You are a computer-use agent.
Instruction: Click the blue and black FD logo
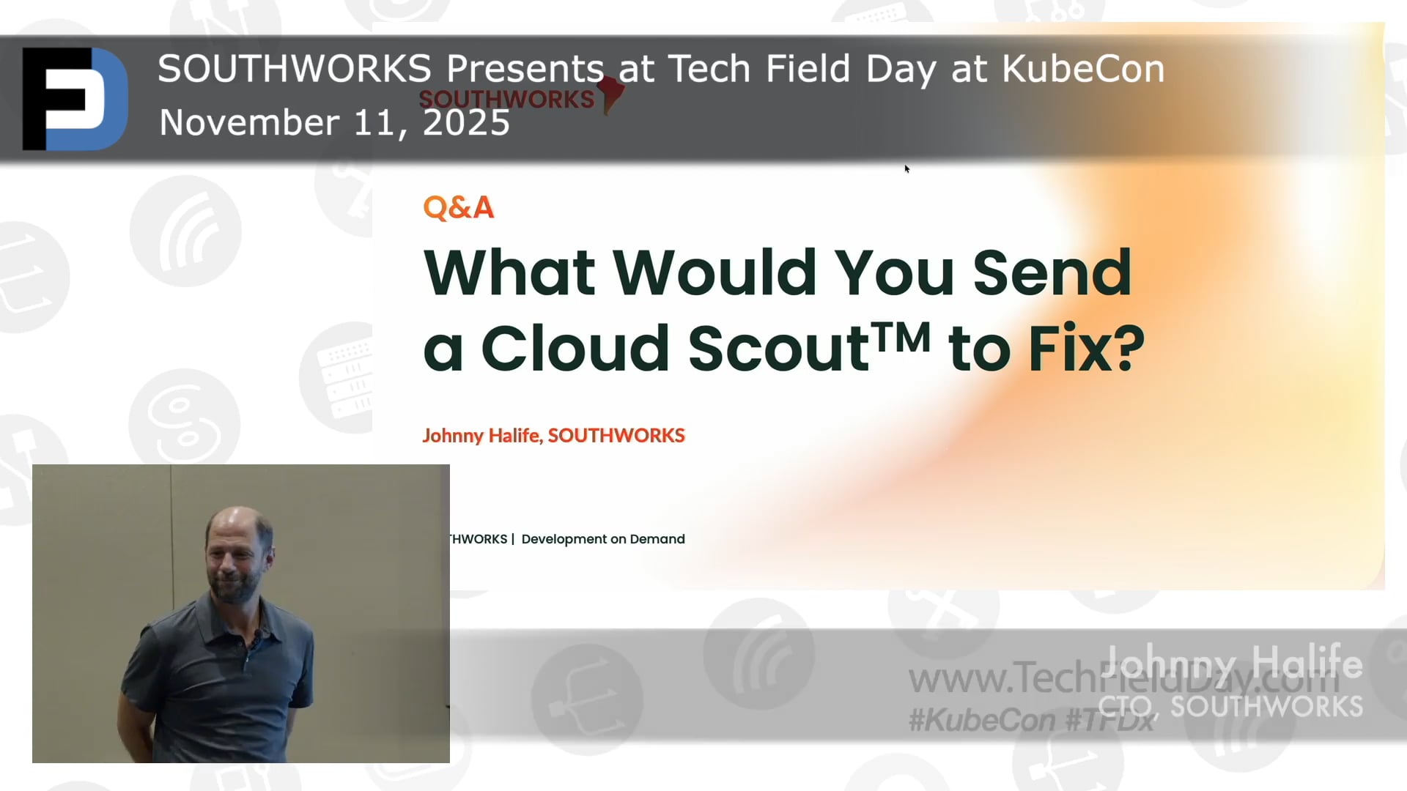[x=75, y=98]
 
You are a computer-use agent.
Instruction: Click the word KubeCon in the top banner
[x=1083, y=70]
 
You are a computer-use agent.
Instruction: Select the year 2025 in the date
[x=466, y=123]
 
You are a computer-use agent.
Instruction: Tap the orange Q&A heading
[x=459, y=208]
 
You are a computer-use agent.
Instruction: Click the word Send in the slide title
[x=1052, y=272]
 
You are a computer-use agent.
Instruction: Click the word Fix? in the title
[x=1086, y=348]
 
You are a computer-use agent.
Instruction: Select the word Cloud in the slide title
[x=575, y=348]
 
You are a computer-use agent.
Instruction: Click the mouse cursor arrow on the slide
[x=906, y=168]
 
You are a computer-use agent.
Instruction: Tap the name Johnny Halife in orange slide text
[x=481, y=436]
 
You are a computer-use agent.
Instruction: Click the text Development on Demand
[x=603, y=540]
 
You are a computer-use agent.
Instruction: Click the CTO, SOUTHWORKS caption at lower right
[x=1230, y=707]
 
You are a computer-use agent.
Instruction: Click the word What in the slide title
[x=509, y=272]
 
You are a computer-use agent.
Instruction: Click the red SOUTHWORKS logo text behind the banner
[x=506, y=100]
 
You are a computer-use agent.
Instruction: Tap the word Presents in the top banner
[x=525, y=70]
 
